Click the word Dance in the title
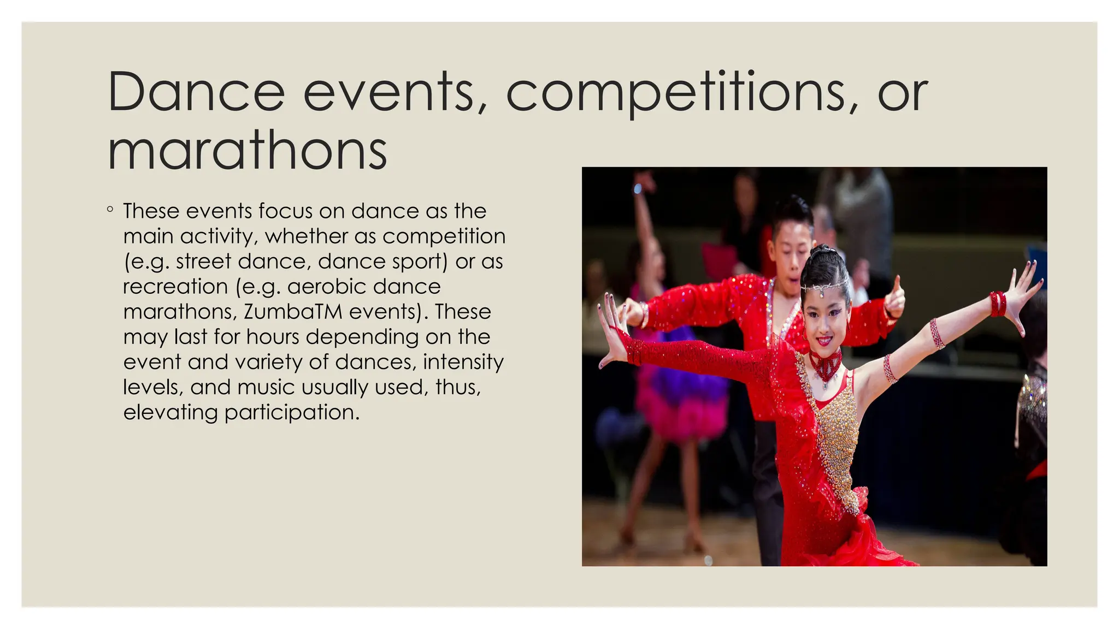196,92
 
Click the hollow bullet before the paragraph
110,209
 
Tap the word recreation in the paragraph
175,287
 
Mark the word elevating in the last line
170,412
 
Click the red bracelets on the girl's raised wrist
998,304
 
